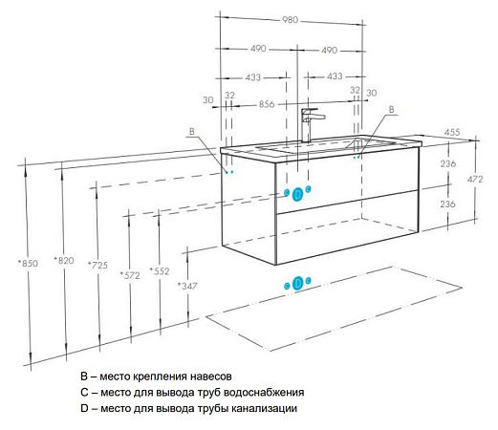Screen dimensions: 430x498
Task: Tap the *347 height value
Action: point(188,285)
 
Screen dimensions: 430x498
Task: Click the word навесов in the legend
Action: point(209,376)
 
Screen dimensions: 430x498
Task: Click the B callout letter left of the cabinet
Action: point(191,131)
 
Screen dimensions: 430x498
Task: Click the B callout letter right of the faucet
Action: point(392,111)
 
